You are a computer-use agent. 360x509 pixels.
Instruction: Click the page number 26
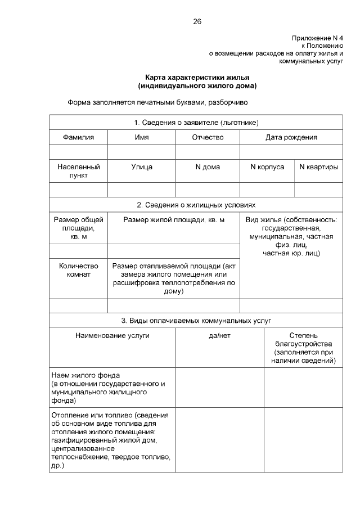click(x=197, y=21)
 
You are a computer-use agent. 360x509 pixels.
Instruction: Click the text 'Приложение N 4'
click(x=317, y=38)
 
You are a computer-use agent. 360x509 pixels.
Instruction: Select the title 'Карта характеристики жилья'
click(x=197, y=77)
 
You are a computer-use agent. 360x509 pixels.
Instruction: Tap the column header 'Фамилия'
click(x=78, y=137)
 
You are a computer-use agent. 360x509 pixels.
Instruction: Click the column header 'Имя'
click(x=141, y=137)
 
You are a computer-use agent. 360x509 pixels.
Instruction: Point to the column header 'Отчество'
click(x=208, y=137)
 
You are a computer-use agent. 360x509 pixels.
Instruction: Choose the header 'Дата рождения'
click(x=291, y=137)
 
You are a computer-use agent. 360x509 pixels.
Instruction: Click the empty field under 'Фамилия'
click(x=78, y=152)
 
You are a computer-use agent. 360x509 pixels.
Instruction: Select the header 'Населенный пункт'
click(x=78, y=171)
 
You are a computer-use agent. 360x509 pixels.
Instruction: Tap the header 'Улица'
click(x=141, y=167)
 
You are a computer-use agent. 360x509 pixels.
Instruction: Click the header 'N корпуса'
click(x=267, y=167)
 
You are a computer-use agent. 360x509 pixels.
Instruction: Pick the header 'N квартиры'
click(x=318, y=167)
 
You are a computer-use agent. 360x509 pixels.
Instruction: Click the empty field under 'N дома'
click(x=208, y=190)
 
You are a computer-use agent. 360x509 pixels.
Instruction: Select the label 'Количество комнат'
click(x=78, y=270)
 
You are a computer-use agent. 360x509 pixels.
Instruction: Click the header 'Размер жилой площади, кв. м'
click(x=174, y=220)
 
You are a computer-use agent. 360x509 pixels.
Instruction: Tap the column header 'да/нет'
click(x=219, y=336)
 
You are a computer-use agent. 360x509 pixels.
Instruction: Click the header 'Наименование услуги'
click(x=112, y=336)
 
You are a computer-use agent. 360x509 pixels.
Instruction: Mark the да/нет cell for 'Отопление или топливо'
click(x=219, y=440)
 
